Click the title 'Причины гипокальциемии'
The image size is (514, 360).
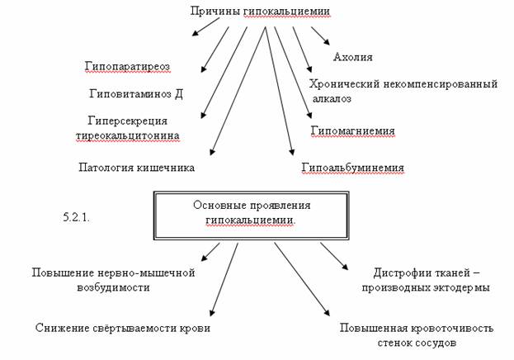[260, 12]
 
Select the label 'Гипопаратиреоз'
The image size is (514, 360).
[128, 67]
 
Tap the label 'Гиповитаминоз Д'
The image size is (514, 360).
[136, 94]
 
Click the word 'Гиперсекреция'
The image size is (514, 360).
[128, 121]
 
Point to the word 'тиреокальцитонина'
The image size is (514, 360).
[128, 135]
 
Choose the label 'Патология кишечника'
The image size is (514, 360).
[136, 168]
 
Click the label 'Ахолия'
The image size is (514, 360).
[353, 57]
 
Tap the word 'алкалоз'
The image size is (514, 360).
[332, 99]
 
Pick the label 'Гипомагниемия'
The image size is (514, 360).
[353, 130]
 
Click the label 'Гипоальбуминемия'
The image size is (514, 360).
[353, 168]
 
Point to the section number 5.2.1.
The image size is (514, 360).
[76, 217]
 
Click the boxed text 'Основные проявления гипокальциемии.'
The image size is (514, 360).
[252, 213]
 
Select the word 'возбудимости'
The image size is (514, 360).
[113, 287]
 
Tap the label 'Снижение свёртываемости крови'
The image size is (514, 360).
[123, 328]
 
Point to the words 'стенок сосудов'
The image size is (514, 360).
[417, 343]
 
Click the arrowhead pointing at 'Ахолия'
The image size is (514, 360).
[327, 41]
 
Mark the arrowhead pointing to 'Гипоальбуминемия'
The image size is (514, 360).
[292, 152]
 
